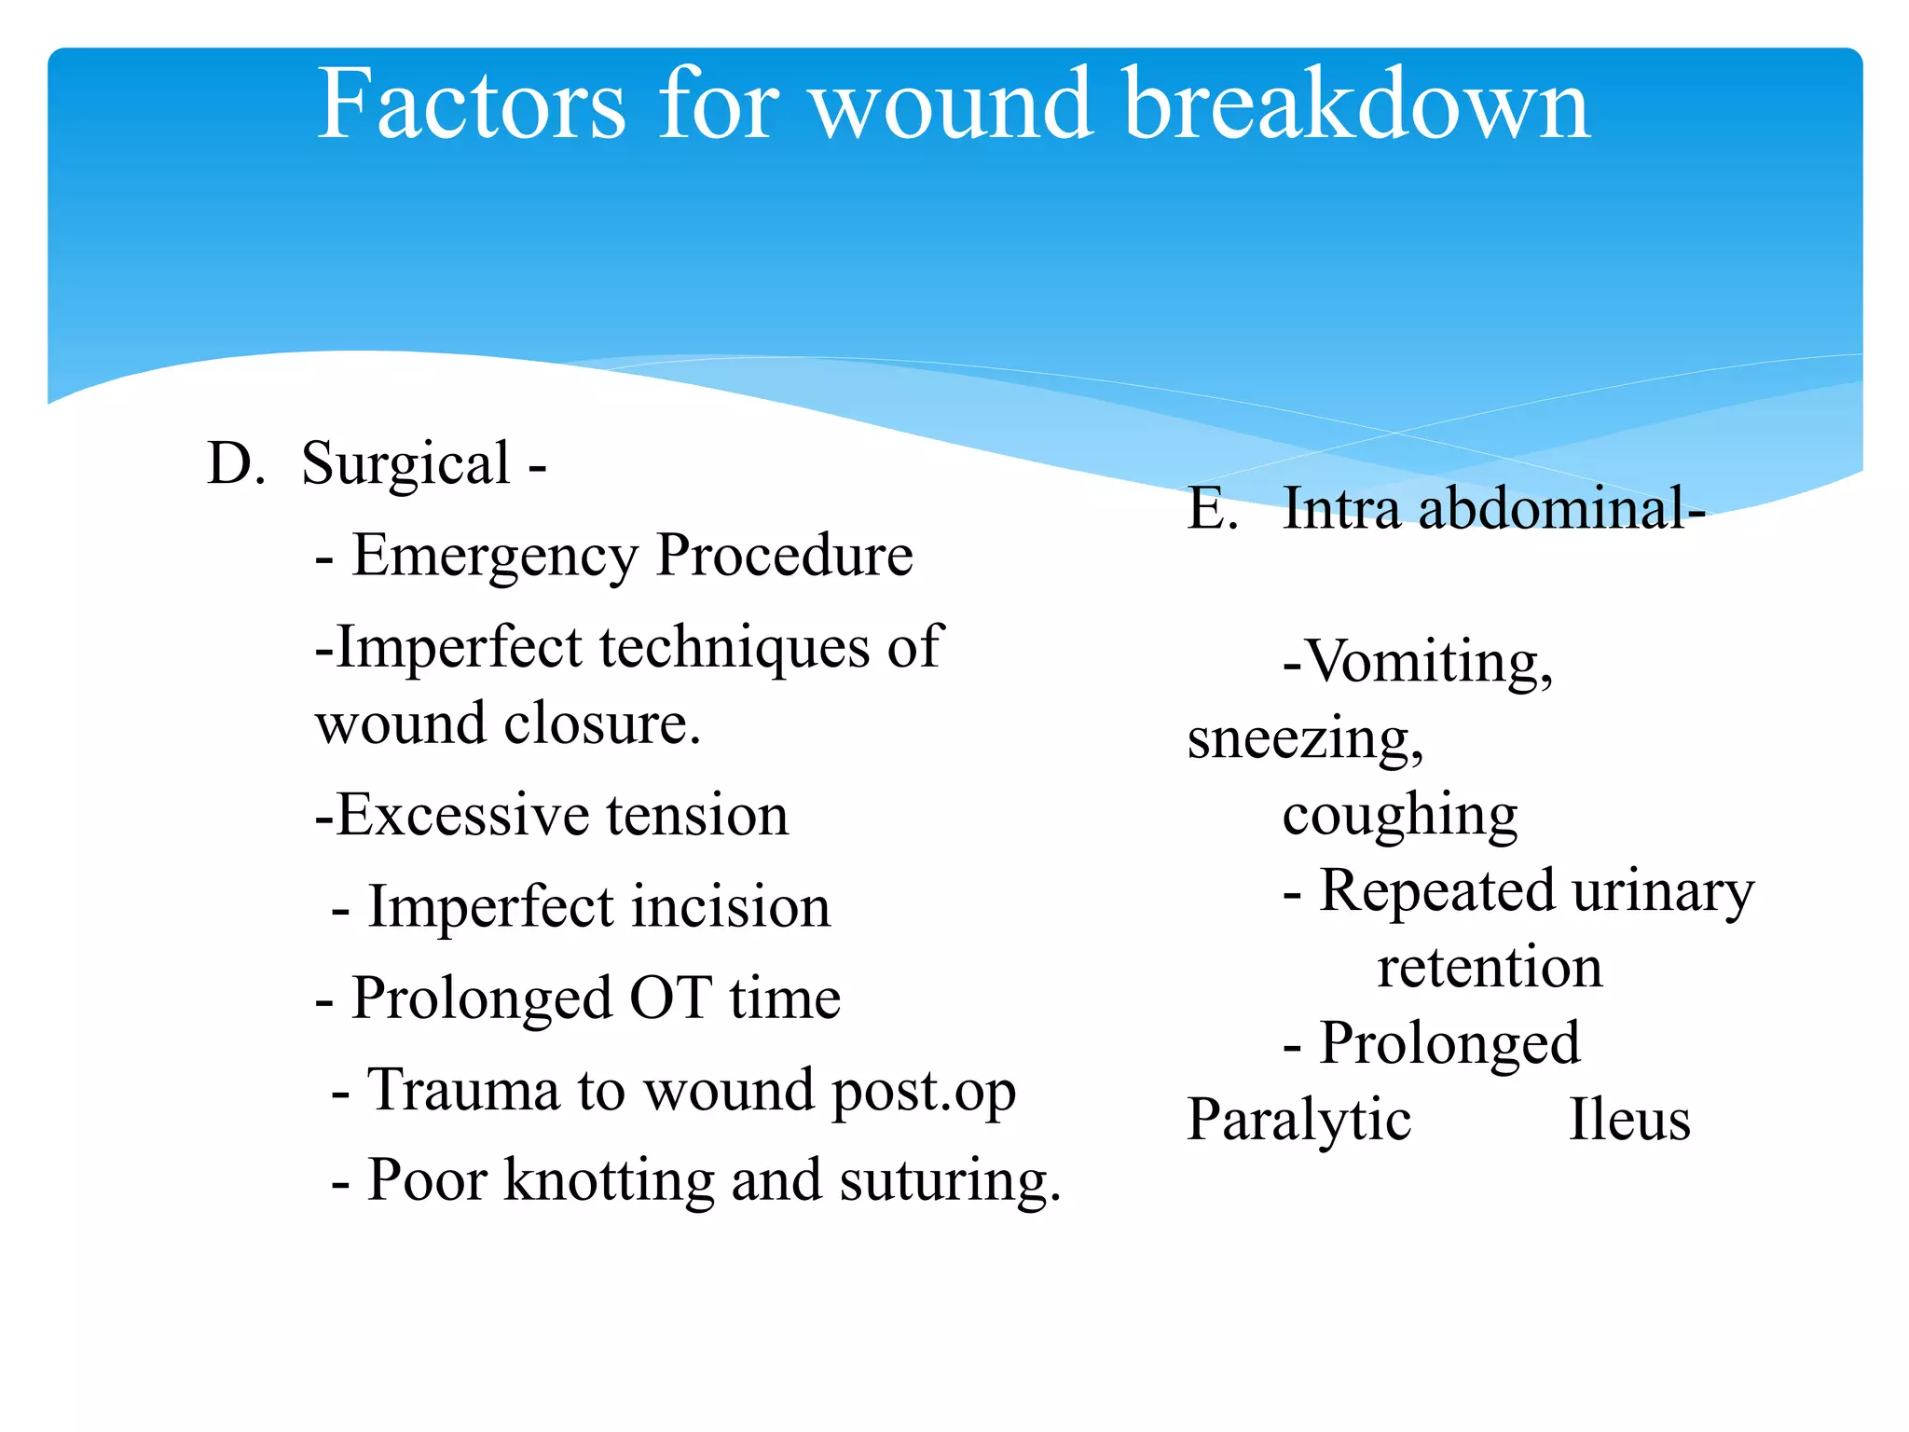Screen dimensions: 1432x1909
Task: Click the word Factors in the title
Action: (x=471, y=104)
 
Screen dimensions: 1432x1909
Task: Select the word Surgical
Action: (x=406, y=465)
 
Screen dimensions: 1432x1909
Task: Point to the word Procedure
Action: (x=784, y=557)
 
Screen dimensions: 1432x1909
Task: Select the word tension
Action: (x=697, y=816)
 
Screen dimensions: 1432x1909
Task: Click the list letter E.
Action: (x=1212, y=510)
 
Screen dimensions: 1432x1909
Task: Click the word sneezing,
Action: (x=1305, y=741)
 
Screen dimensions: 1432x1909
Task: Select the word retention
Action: (x=1490, y=968)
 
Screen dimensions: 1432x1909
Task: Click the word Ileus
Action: (x=1628, y=1121)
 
